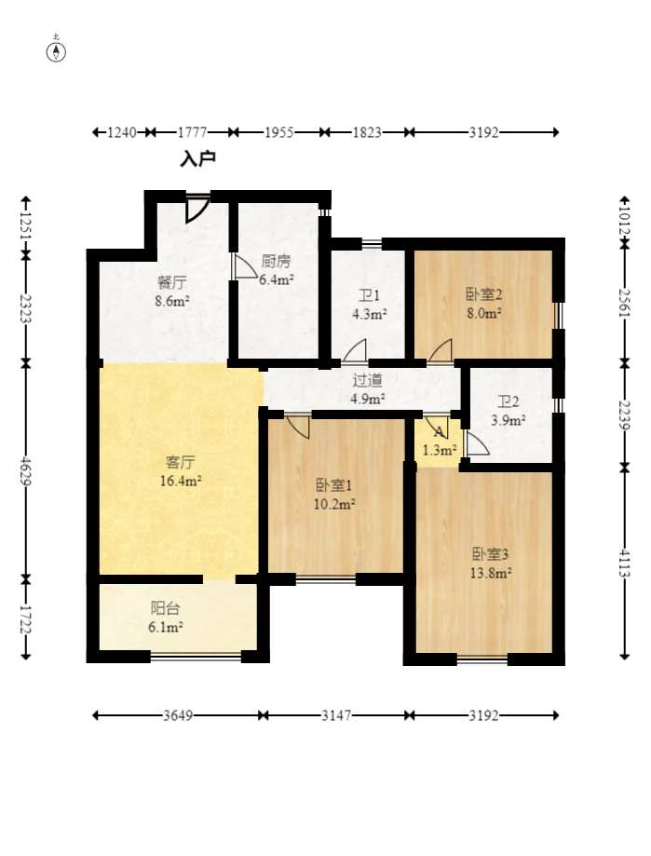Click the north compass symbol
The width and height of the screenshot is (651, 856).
56,50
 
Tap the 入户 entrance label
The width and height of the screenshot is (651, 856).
197,159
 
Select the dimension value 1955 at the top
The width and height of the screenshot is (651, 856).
278,132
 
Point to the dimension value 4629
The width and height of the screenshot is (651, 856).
26,471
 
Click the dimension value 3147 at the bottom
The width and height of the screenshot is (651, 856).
335,715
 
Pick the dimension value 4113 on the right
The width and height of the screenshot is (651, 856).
625,563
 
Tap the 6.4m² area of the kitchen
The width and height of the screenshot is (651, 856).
277,279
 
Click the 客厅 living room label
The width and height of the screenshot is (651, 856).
180,462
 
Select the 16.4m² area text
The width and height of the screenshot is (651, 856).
181,481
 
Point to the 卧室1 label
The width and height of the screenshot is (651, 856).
334,484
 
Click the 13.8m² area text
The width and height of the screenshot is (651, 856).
491,573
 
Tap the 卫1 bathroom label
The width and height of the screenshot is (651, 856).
370,295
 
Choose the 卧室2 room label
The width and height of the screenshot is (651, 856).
483,294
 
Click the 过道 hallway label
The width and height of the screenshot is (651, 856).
367,380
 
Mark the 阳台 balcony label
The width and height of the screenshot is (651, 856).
165,608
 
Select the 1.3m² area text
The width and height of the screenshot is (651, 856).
440,451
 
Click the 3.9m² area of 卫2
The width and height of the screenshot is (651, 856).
508,420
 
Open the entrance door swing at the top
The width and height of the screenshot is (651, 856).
197,209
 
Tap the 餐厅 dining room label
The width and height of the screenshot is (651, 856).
172,282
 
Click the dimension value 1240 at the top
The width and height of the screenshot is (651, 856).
122,132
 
